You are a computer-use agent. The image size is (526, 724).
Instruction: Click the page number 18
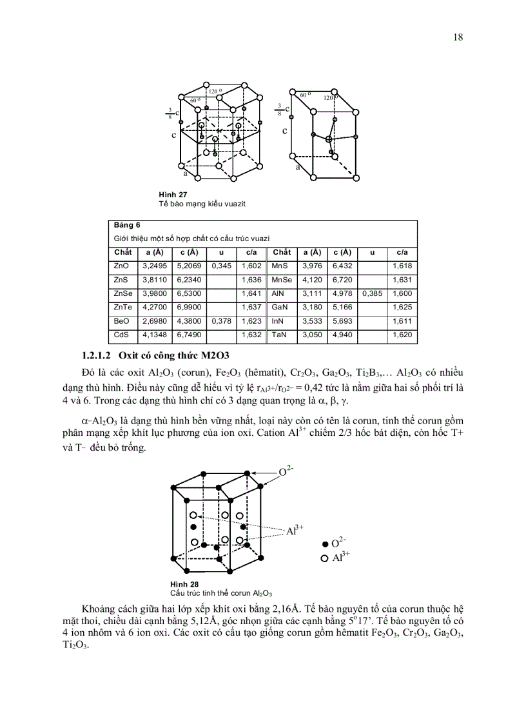click(458, 37)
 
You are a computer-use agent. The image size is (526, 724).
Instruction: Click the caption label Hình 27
click(173, 195)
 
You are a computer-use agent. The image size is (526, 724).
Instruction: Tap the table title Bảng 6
click(127, 225)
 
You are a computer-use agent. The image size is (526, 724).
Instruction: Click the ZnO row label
click(121, 266)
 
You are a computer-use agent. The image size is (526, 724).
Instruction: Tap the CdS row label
click(121, 335)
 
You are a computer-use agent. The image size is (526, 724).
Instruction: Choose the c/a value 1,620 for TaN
click(402, 335)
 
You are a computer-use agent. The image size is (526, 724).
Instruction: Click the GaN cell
click(280, 308)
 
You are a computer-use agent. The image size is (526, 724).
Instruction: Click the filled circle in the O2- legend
click(325, 545)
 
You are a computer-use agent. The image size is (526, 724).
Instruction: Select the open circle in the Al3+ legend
click(325, 559)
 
